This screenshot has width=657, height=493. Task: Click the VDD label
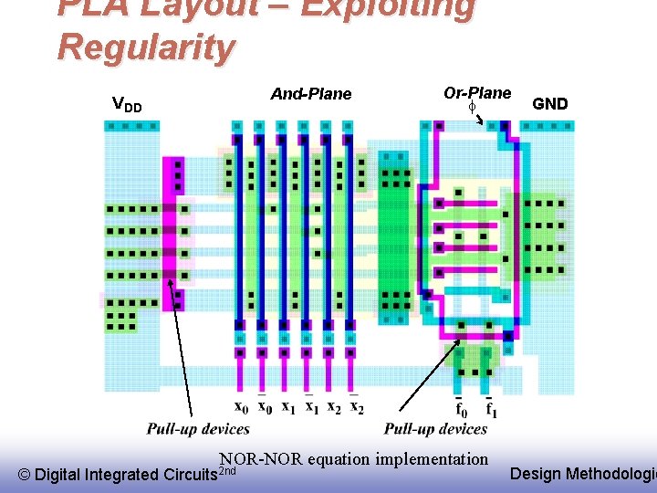[x=126, y=104]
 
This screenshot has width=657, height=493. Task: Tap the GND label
[x=550, y=104]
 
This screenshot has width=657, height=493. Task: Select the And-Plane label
[x=311, y=93]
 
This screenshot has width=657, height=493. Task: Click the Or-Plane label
[x=477, y=92]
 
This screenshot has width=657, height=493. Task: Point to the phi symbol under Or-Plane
[x=473, y=107]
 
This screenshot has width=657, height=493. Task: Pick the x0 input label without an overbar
[x=241, y=407]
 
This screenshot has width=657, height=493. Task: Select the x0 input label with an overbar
[x=264, y=406]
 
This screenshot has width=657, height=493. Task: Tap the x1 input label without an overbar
[x=287, y=407]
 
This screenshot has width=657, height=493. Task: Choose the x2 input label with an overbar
[x=357, y=406]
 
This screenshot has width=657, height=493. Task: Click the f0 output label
[x=462, y=408]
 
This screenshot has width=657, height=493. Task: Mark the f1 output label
[x=491, y=407]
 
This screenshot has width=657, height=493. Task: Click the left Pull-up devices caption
[x=198, y=429]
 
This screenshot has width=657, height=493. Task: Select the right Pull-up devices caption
[x=435, y=429]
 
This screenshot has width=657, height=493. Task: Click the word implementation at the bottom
[x=431, y=458]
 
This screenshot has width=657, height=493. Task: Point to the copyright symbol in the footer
[x=25, y=475]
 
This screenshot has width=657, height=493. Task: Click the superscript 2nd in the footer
[x=228, y=470]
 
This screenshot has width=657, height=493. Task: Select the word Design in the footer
[x=536, y=473]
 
